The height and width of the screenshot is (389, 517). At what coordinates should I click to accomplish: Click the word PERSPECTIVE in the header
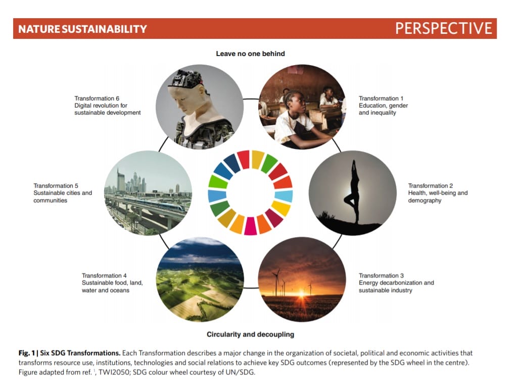pos(444,28)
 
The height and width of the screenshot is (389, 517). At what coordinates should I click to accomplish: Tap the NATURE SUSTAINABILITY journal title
pos(82,29)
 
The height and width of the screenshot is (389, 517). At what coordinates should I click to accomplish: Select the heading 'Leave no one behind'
pos(250,53)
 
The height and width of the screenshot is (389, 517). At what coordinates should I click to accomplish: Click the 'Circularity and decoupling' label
pos(250,335)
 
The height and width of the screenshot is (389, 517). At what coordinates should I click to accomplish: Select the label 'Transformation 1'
pos(381,98)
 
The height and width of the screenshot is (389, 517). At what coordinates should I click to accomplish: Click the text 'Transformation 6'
pos(97,98)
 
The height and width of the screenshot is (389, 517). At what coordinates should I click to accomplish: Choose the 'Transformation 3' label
pos(381,275)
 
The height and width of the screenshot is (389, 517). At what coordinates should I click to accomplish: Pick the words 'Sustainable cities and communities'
pos(63,196)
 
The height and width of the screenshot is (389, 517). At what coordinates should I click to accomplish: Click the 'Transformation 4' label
pos(104,275)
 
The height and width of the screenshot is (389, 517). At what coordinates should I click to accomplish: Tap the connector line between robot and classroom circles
pos(251,99)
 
